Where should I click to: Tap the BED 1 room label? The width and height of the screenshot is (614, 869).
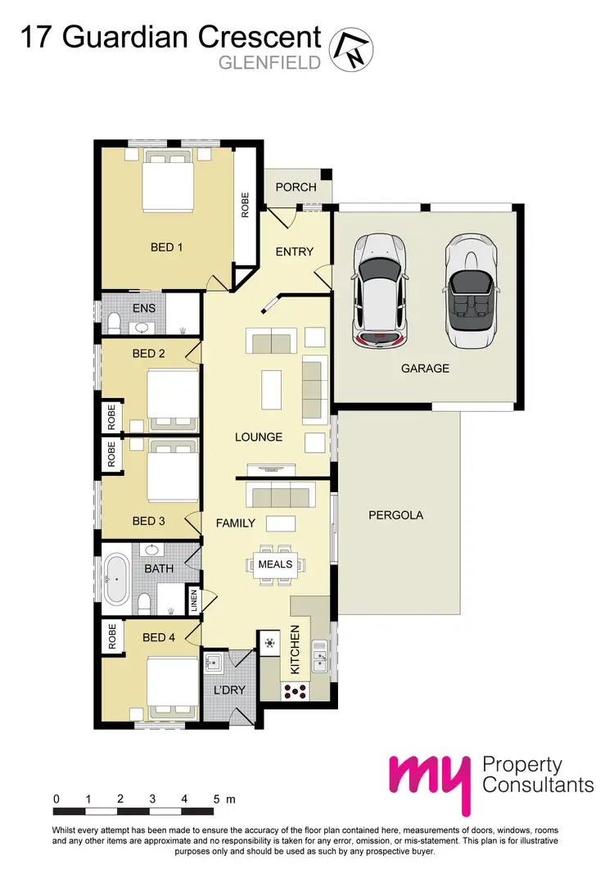[x=166, y=247]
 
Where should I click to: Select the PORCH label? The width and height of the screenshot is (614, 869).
[x=296, y=188]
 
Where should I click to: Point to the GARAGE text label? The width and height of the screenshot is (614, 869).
[x=425, y=369]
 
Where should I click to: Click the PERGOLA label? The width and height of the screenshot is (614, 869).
[x=395, y=515]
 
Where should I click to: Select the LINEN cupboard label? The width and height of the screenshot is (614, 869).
[x=194, y=601]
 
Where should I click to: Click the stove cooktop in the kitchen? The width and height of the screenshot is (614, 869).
[x=295, y=690]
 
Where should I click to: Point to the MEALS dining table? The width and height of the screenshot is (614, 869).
[x=275, y=564]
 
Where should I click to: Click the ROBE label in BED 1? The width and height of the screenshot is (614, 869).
[x=244, y=204]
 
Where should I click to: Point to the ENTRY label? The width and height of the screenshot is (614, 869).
[x=294, y=251]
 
